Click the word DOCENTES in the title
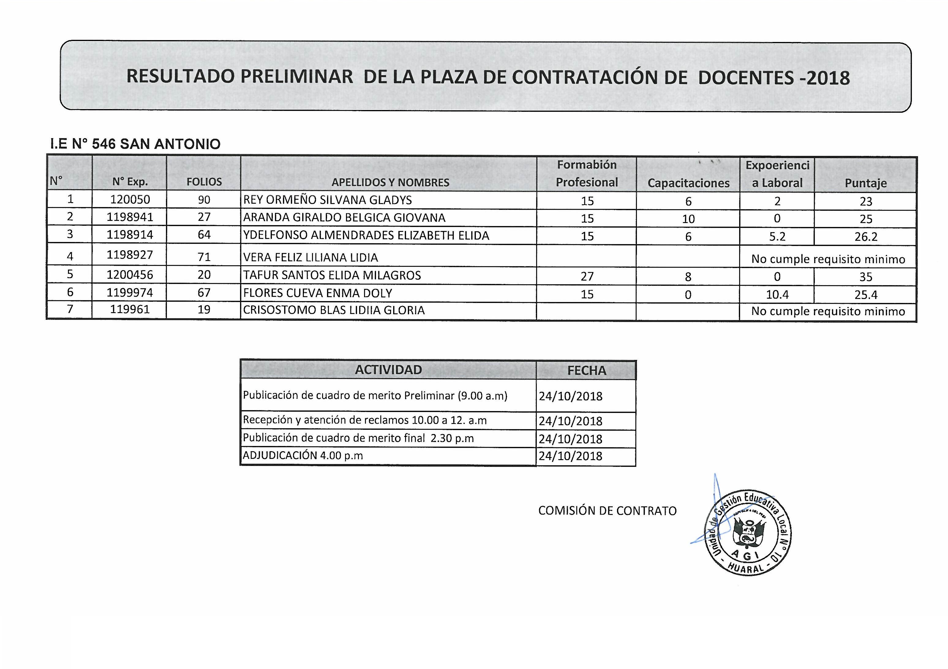[746, 77]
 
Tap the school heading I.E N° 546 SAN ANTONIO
[135, 144]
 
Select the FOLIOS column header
[204, 182]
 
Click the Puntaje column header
[865, 183]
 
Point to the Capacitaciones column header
[688, 183]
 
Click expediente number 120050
[130, 200]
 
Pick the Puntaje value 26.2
[865, 236]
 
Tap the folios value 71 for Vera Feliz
[204, 257]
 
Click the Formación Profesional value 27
[587, 276]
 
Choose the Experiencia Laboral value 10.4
[777, 294]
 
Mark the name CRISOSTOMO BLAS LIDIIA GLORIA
[334, 310]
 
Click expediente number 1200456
[130, 275]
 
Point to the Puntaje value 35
[865, 277]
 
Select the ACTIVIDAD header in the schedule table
[388, 370]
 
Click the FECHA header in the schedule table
[586, 370]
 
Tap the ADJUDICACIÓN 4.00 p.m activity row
[303, 455]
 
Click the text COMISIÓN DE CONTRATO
[608, 511]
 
